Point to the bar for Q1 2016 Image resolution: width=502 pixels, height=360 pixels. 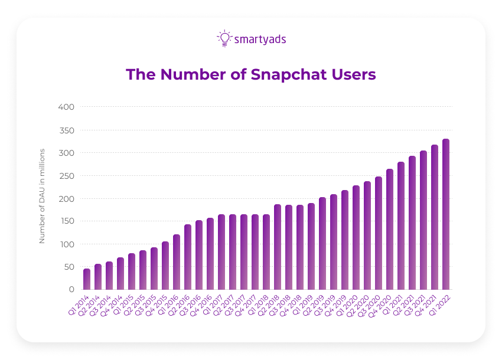[x=177, y=262]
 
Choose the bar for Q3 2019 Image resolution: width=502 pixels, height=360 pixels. [x=334, y=242]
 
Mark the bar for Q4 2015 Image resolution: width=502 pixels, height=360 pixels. [x=165, y=266]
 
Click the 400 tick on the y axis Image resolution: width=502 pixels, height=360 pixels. [x=66, y=107]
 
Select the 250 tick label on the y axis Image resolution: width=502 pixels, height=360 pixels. [x=66, y=176]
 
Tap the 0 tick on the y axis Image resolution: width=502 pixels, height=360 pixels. [x=70, y=290]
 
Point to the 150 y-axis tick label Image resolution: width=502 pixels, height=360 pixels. [x=66, y=221]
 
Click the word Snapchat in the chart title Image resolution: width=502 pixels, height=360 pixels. [x=289, y=75]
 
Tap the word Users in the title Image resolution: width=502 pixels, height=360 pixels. [x=353, y=74]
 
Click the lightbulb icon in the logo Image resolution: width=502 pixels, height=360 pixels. [x=224, y=38]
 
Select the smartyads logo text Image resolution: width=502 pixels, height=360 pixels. [x=260, y=40]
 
